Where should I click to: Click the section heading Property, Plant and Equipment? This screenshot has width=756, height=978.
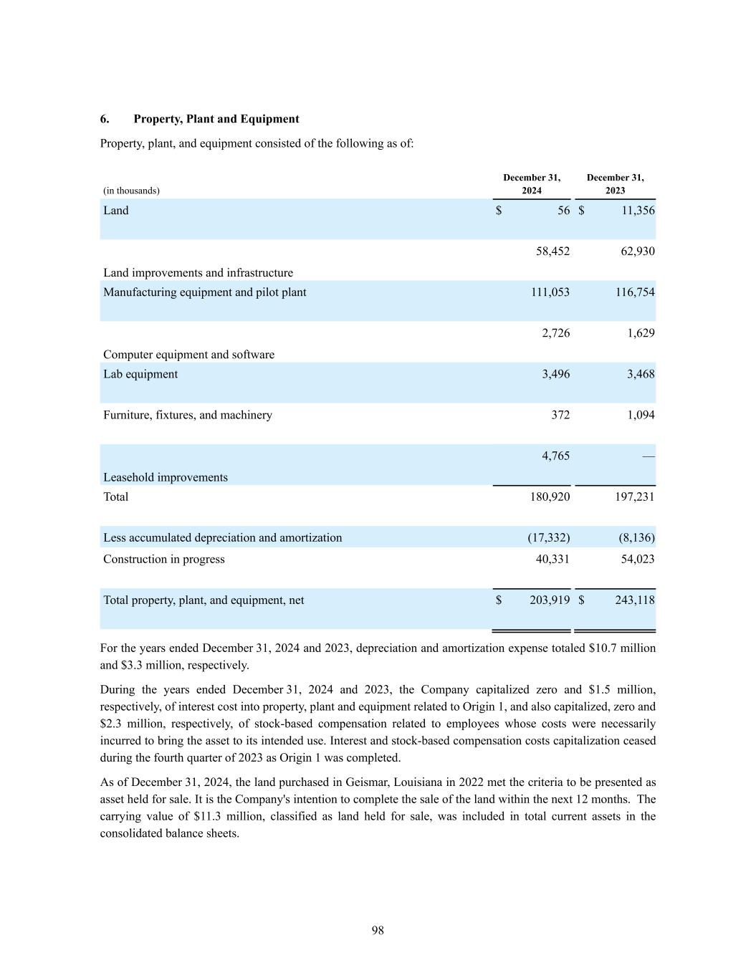[x=216, y=119]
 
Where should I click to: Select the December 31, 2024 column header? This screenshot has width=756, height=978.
[x=532, y=184]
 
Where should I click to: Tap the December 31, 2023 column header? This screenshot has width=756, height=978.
[x=615, y=184]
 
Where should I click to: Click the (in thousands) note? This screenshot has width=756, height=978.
[x=131, y=191]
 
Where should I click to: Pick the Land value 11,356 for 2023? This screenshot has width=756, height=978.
[x=635, y=211]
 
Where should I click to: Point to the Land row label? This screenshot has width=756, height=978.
[x=116, y=211]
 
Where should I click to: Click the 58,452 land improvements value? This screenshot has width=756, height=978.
[x=552, y=251]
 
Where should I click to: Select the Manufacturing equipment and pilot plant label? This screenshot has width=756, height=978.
[x=204, y=292]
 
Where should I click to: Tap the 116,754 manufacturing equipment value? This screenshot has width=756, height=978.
[x=635, y=292]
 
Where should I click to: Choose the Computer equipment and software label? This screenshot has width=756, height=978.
[x=188, y=355]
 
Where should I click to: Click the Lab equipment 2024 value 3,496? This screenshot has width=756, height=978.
[x=555, y=374]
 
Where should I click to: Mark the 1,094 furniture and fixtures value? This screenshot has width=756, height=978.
[x=641, y=415]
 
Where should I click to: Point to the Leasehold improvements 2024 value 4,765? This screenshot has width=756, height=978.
[x=555, y=456]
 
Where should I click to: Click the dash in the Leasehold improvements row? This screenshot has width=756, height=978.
[x=649, y=456]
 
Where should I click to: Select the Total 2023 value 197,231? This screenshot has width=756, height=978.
[x=635, y=497]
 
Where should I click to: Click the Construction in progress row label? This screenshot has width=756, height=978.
[x=163, y=560]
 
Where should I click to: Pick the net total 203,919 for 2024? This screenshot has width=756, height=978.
[x=550, y=600]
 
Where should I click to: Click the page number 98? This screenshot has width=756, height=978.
[x=378, y=931]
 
